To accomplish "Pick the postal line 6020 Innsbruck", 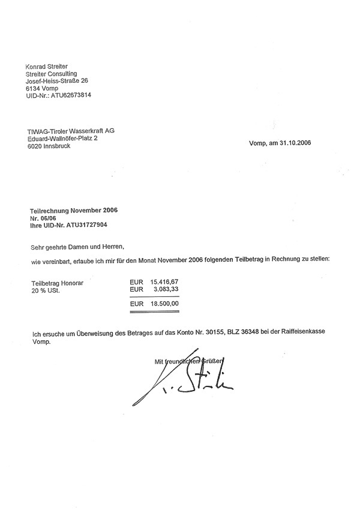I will pos(49,146).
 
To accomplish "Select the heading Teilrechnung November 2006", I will pos(74,211).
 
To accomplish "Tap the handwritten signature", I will pos(180,384).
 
